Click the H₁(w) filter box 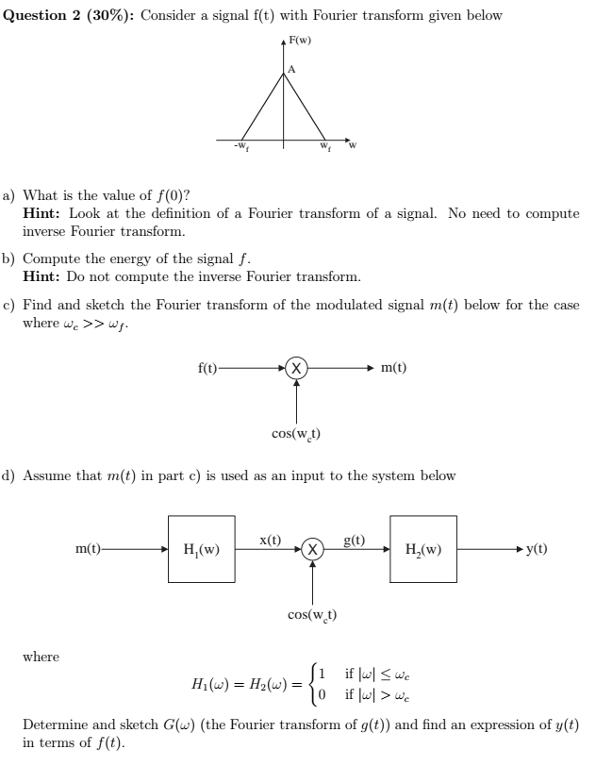(202, 549)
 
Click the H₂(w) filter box (423, 549)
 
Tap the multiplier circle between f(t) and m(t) (296, 369)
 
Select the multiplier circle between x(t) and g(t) (313, 549)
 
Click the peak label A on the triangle (292, 69)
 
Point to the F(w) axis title (301, 41)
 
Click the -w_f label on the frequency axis (242, 147)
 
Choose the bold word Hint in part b (42, 276)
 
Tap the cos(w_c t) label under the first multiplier (295, 434)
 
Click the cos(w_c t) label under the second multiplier (312, 615)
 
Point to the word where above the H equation (41, 657)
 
